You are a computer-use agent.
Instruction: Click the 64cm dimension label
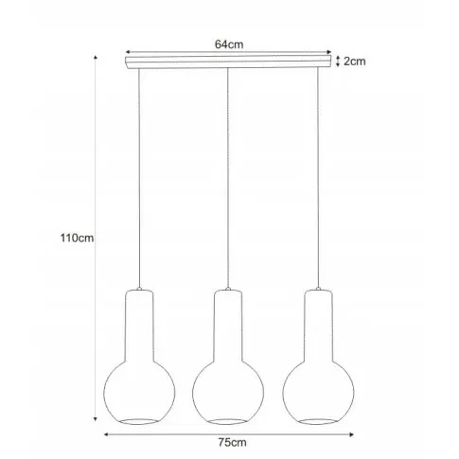(229, 44)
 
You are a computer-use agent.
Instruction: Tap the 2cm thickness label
(355, 62)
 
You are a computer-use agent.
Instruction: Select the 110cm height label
(77, 238)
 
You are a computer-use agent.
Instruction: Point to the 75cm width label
(232, 442)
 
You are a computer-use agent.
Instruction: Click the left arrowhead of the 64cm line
(128, 52)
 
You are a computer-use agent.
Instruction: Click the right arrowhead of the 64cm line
(329, 52)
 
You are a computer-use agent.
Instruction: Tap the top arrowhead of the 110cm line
(96, 57)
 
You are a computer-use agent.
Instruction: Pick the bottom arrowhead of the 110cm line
(96, 419)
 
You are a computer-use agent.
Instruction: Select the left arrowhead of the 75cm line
(106, 434)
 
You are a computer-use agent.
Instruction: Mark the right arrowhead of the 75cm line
(351, 434)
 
